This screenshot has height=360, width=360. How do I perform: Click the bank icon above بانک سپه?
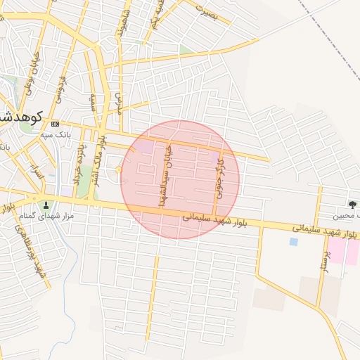[x=56, y=124]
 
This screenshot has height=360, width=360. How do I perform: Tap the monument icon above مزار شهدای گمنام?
[x=47, y=205]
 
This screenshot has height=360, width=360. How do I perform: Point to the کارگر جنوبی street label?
[x=220, y=179]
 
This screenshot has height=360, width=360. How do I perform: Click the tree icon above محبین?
[x=352, y=205]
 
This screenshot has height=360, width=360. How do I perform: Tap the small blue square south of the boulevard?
[x=293, y=241]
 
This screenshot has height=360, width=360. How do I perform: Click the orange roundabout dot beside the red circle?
[x=118, y=169]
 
